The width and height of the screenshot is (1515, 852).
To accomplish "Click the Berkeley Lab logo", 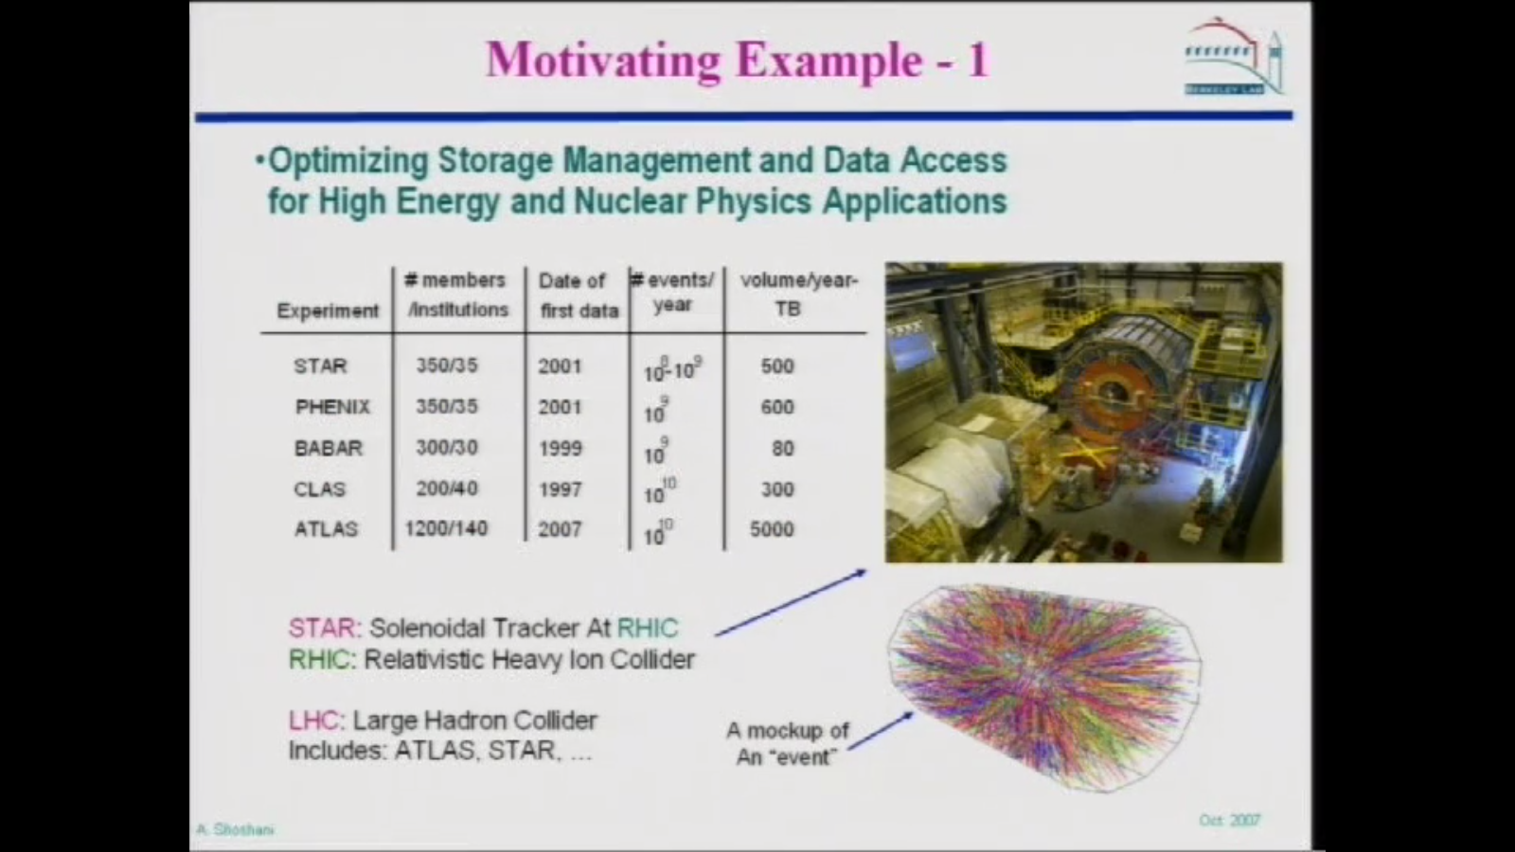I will click(x=1234, y=58).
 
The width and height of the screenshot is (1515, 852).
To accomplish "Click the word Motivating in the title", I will click(x=603, y=60).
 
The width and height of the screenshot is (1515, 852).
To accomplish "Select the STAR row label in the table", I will click(x=320, y=365).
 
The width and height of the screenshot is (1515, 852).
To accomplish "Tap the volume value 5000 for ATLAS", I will click(x=772, y=529).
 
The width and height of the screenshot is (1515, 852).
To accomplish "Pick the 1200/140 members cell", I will click(x=446, y=528).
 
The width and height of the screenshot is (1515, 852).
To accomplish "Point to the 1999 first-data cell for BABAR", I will click(x=560, y=448).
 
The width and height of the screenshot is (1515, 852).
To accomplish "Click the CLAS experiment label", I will click(x=320, y=489).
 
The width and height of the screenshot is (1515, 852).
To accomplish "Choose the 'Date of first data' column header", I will click(x=578, y=295).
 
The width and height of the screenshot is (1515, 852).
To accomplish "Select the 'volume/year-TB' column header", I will click(x=797, y=294).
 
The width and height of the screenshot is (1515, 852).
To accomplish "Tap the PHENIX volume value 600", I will click(x=777, y=407).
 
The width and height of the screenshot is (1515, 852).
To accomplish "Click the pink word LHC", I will click(x=313, y=720).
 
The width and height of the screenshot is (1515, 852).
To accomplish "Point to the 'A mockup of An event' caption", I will click(x=788, y=743).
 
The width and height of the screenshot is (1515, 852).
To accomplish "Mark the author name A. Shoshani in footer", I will click(x=235, y=830).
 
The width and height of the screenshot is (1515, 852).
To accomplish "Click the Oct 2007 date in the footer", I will click(x=1229, y=820).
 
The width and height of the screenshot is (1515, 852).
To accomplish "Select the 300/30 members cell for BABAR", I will click(x=447, y=447).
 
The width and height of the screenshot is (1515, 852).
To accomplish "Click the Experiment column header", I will click(x=328, y=311).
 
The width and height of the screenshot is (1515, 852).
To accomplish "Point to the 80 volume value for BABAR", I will click(x=782, y=448).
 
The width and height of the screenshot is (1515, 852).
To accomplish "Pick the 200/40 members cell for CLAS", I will click(x=447, y=488).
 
